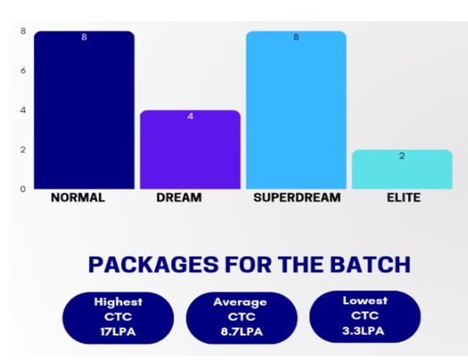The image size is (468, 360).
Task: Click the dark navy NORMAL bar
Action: pos(84,110)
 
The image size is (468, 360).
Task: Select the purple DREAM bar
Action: pos(191,150)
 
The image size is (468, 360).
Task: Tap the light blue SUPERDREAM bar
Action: pos(296,110)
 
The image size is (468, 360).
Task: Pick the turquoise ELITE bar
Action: pos(403,169)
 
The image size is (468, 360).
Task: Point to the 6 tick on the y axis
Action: pos(23,70)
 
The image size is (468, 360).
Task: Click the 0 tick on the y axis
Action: pos(23,189)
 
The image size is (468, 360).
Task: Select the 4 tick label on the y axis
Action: pos(23,110)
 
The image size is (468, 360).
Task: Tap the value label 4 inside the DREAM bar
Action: pos(191,116)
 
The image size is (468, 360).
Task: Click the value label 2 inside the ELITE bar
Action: pos(402,156)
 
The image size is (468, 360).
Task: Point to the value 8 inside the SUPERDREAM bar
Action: pos(296,37)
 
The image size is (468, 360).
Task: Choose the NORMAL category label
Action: pos(78,197)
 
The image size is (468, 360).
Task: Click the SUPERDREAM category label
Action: pos(297,197)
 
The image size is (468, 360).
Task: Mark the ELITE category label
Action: pos(404,197)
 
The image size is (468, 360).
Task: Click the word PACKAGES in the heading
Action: pos(153,264)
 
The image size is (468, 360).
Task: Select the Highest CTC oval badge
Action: pos(118,318)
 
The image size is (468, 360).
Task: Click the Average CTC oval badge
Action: pos(242,318)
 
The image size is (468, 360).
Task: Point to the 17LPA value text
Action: pos(118,332)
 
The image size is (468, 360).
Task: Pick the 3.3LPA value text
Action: pos(363,330)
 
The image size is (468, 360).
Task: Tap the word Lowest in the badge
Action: pos(365,301)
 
